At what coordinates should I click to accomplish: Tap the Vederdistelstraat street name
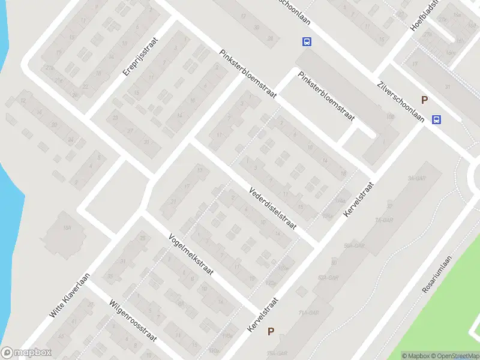[273, 209]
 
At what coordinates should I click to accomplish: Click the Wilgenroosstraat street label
[133, 320]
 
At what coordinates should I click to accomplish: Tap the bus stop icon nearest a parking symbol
[437, 119]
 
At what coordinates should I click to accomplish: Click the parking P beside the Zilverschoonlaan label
[424, 100]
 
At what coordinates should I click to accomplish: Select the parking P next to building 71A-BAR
[271, 331]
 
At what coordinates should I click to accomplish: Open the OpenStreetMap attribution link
[455, 356]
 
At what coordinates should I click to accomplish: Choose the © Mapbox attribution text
[416, 356]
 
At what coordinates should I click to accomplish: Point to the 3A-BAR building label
[413, 178]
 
